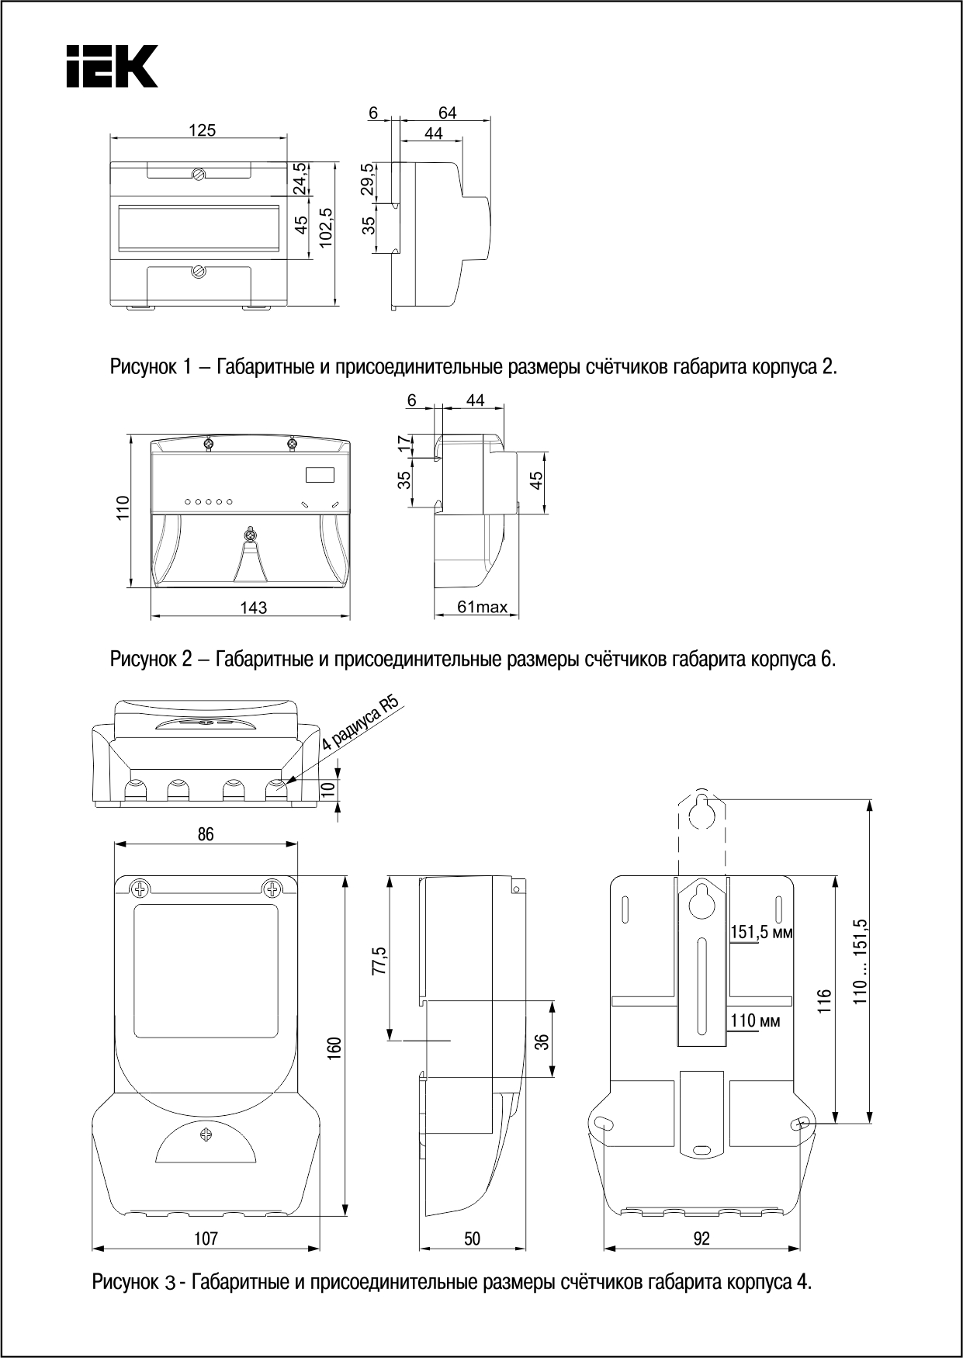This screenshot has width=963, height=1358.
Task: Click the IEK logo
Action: tap(112, 65)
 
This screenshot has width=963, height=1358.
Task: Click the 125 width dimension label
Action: tap(202, 130)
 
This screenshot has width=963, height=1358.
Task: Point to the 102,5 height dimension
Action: tap(327, 227)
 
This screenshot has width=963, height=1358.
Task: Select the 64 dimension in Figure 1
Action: tap(448, 113)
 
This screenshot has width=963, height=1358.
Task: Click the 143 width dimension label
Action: tap(253, 608)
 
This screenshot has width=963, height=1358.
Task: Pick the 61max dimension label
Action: tap(482, 607)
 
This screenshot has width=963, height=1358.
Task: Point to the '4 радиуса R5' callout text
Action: tap(361, 724)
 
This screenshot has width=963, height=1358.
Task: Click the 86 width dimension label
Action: tap(205, 835)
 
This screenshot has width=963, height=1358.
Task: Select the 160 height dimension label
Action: tap(336, 1049)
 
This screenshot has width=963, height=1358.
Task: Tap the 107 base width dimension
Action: tap(206, 1238)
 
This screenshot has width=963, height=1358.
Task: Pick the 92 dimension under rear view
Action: tap(701, 1238)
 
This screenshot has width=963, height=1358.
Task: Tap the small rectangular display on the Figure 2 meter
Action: tap(319, 474)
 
